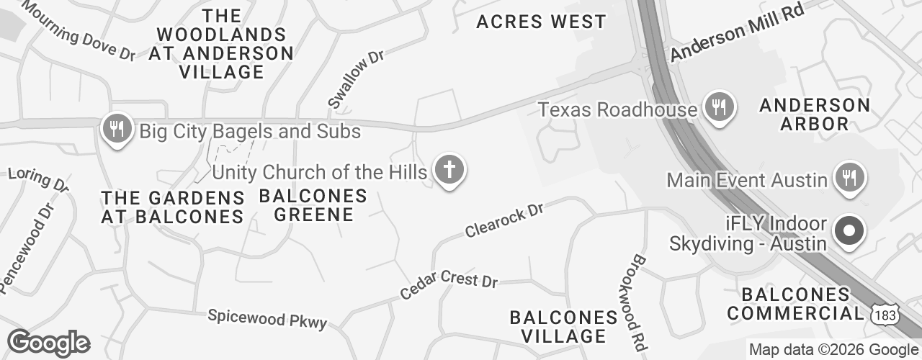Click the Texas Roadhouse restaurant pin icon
click(718, 108)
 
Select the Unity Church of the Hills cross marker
click(449, 171)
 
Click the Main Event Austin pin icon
click(849, 176)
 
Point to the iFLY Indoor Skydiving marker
click(849, 232)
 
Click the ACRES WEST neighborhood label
click(542, 22)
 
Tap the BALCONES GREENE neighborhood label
click(313, 205)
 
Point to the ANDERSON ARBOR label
click(815, 114)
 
